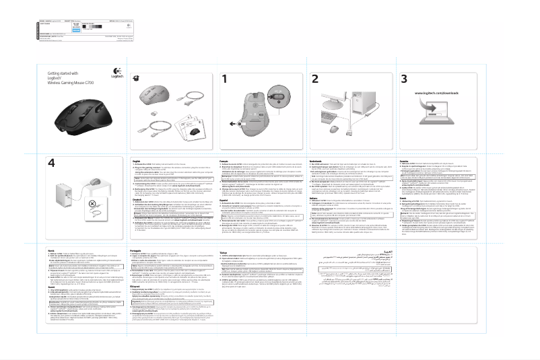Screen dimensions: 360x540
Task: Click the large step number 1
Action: click(224, 79)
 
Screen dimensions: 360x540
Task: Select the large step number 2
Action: click(314, 79)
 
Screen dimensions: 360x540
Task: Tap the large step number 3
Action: click(405, 79)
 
